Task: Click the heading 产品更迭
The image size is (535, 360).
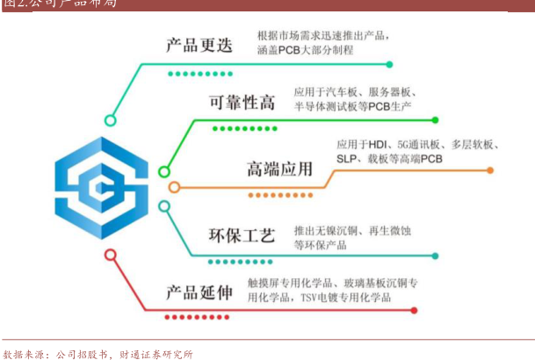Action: tap(199, 45)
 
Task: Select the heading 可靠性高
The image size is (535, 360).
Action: tap(242, 102)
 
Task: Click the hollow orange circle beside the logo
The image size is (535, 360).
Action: tap(174, 186)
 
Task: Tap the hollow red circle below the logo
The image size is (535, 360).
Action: tap(110, 255)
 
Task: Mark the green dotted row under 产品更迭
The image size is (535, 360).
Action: tap(200, 74)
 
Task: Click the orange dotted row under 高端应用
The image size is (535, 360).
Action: tap(280, 195)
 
